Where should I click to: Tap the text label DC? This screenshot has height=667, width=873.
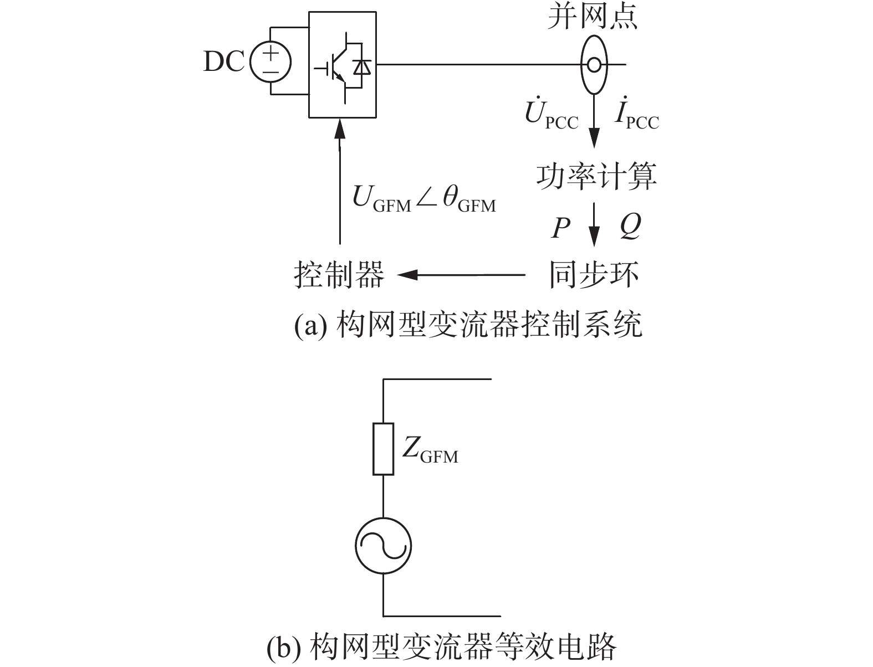pyautogui.click(x=224, y=62)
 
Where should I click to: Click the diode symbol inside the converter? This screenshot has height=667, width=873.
pyautogui.click(x=363, y=67)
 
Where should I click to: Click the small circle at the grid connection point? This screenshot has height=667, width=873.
pyautogui.click(x=594, y=65)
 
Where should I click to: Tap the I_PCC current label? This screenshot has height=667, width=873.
pyautogui.click(x=637, y=115)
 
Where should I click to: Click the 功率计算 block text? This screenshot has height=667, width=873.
pyautogui.click(x=596, y=177)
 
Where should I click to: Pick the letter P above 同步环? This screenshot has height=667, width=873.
pyautogui.click(x=560, y=228)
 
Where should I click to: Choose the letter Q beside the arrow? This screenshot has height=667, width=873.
pyautogui.click(x=630, y=226)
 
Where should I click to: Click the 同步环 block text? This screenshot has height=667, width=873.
pyautogui.click(x=594, y=275)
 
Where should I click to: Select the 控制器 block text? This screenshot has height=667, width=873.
pyautogui.click(x=339, y=275)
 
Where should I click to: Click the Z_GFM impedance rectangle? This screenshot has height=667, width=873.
pyautogui.click(x=383, y=449)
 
